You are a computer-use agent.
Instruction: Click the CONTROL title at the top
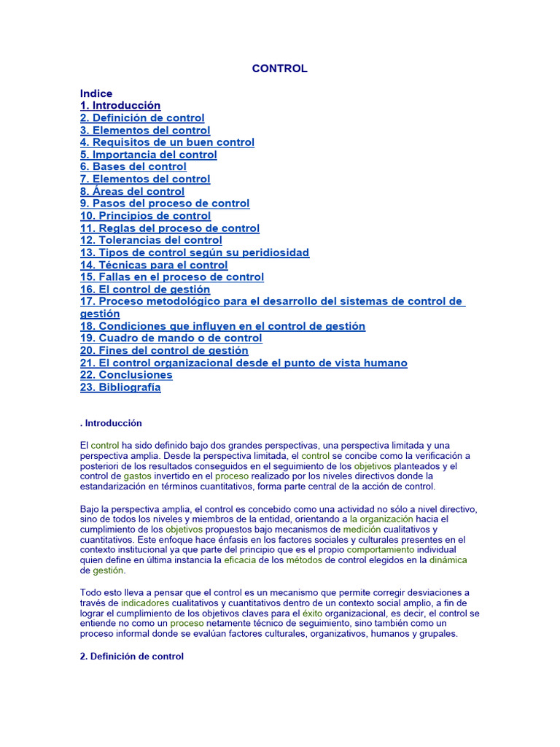tap(279, 69)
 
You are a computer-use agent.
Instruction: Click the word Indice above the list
tap(96, 93)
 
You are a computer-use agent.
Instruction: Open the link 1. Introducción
tap(120, 106)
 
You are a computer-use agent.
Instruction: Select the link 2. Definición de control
tap(142, 118)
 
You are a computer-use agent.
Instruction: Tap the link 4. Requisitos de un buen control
tap(167, 143)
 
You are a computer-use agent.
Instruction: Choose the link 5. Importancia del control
tap(149, 155)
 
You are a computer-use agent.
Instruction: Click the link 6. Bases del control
tap(133, 167)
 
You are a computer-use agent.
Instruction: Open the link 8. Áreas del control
tap(132, 192)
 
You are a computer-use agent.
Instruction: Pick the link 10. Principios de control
tap(145, 216)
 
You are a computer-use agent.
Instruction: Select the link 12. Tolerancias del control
tap(151, 241)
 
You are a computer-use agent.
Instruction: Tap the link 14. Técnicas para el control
tap(154, 266)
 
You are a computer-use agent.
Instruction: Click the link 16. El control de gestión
tap(145, 290)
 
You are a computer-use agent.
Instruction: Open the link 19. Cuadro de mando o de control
tap(171, 338)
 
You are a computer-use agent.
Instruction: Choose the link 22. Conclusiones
tap(126, 375)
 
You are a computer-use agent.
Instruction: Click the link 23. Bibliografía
tap(120, 387)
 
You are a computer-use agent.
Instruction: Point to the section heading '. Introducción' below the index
tap(111, 423)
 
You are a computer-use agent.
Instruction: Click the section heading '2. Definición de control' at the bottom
tap(132, 657)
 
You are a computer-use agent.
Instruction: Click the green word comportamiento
tap(391, 549)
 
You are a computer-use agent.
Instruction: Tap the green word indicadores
tap(145, 603)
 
